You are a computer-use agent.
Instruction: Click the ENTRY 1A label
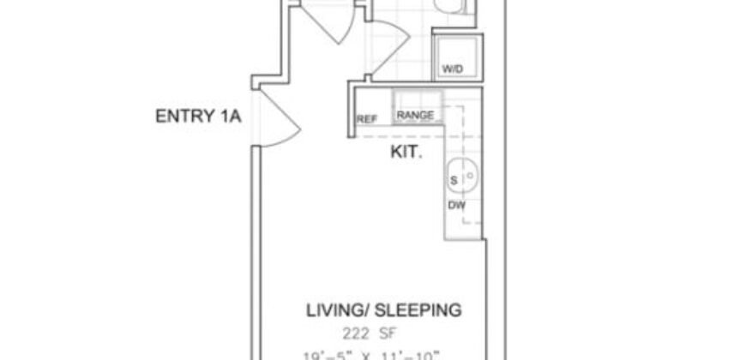(196, 117)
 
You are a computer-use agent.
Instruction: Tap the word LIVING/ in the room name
(335, 309)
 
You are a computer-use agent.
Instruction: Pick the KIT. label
(406, 153)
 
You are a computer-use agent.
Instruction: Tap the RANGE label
(414, 116)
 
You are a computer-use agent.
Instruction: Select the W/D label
(452, 69)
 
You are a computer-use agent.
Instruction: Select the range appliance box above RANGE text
(416, 98)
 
